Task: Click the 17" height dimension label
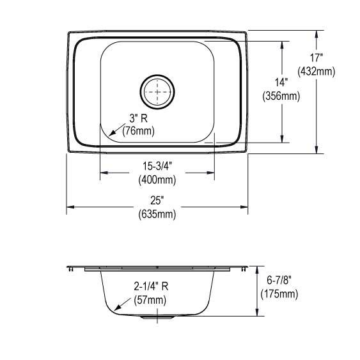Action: [317, 58]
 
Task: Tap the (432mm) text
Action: [317, 72]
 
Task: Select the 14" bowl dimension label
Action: [281, 82]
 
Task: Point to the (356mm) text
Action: [281, 96]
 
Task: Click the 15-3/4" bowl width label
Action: [157, 166]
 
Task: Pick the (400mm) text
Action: [157, 180]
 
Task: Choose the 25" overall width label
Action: [157, 200]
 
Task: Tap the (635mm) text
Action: [157, 214]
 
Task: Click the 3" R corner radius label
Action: [139, 118]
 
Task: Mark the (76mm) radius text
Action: [139, 131]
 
